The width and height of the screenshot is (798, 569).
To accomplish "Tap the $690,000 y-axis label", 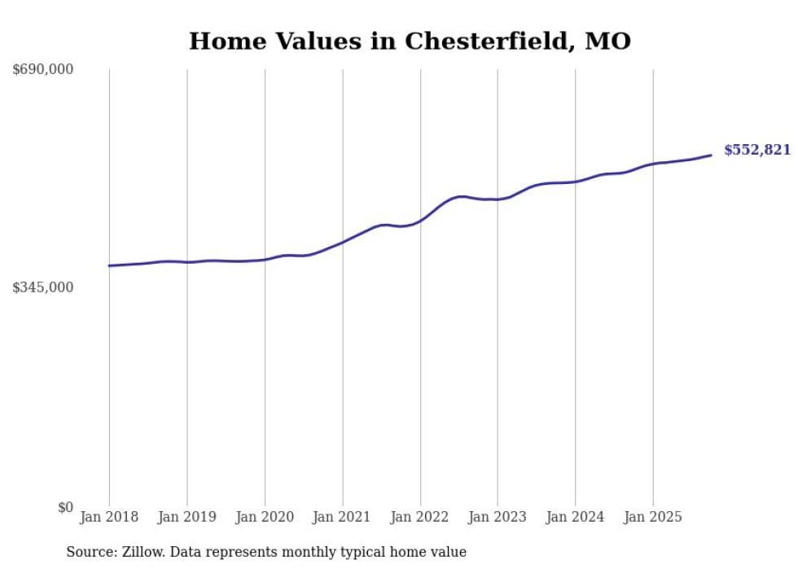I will tap(43, 70).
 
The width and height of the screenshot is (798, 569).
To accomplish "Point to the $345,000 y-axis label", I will tap(43, 287).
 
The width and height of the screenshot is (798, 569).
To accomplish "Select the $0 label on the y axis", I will tap(65, 507).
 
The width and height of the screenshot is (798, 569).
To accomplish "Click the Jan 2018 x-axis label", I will tap(109, 517).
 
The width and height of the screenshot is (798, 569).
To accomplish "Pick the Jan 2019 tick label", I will tap(187, 517).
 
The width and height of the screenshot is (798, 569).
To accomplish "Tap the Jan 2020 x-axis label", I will tap(265, 517).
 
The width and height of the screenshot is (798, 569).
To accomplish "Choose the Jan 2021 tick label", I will tap(342, 517).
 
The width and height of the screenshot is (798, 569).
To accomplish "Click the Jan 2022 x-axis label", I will tap(420, 517).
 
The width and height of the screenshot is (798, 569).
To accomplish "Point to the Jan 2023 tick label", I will tap(498, 517).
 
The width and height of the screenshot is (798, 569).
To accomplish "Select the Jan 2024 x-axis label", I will tap(575, 517).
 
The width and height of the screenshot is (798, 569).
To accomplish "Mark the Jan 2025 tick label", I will tap(652, 517).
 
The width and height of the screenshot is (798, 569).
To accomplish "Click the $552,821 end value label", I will tap(756, 150).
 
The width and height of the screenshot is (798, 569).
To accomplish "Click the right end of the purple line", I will tap(711, 155).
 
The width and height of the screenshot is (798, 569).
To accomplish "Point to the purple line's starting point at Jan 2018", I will tap(109, 265).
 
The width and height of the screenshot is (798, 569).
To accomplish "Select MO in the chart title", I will tap(608, 41).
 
